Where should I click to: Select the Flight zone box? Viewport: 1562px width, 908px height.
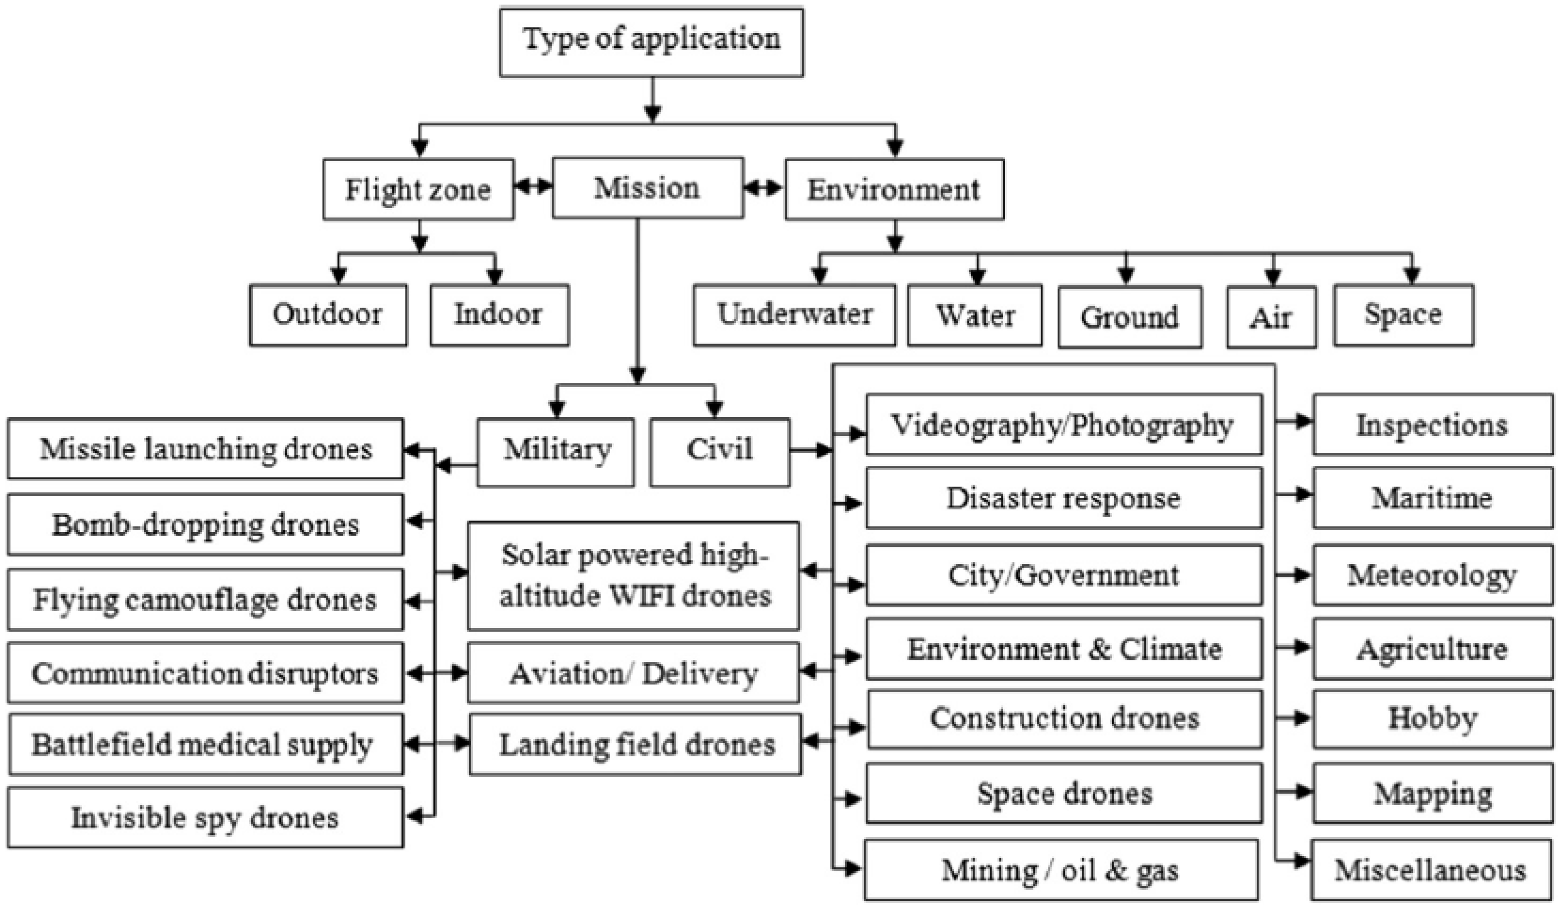point(418,189)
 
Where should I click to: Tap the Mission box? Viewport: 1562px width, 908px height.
point(647,188)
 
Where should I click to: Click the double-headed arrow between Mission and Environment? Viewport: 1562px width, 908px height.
point(764,187)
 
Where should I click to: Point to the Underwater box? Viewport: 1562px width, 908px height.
point(794,315)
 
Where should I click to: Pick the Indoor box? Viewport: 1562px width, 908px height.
point(499,315)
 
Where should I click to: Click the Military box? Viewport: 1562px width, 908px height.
point(556,452)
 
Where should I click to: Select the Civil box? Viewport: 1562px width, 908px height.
point(719,452)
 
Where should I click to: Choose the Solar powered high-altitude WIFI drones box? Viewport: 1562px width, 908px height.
point(633,576)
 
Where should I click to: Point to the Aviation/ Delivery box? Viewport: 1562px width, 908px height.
point(633,672)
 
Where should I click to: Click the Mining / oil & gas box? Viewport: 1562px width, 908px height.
point(1060,869)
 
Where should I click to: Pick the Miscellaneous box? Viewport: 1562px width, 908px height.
point(1431,869)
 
